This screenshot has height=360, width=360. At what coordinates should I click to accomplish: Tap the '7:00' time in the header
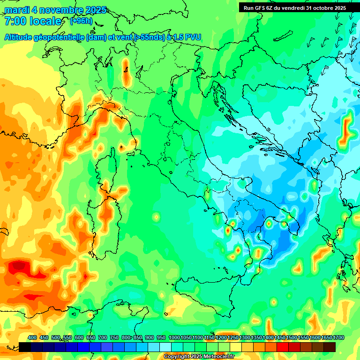pos(15,21)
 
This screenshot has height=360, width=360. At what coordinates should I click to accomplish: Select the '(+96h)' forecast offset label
pos(81,21)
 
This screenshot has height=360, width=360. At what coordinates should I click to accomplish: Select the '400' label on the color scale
pos(32,338)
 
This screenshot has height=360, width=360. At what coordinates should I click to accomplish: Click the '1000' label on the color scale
pos(174,338)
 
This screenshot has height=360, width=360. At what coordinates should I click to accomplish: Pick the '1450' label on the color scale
pos(280,338)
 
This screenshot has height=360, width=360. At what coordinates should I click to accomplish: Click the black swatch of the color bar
pos(25,347)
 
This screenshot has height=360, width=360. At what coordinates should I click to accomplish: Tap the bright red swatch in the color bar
pos(283,347)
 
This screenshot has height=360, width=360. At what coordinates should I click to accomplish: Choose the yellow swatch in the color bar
pos(236,347)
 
